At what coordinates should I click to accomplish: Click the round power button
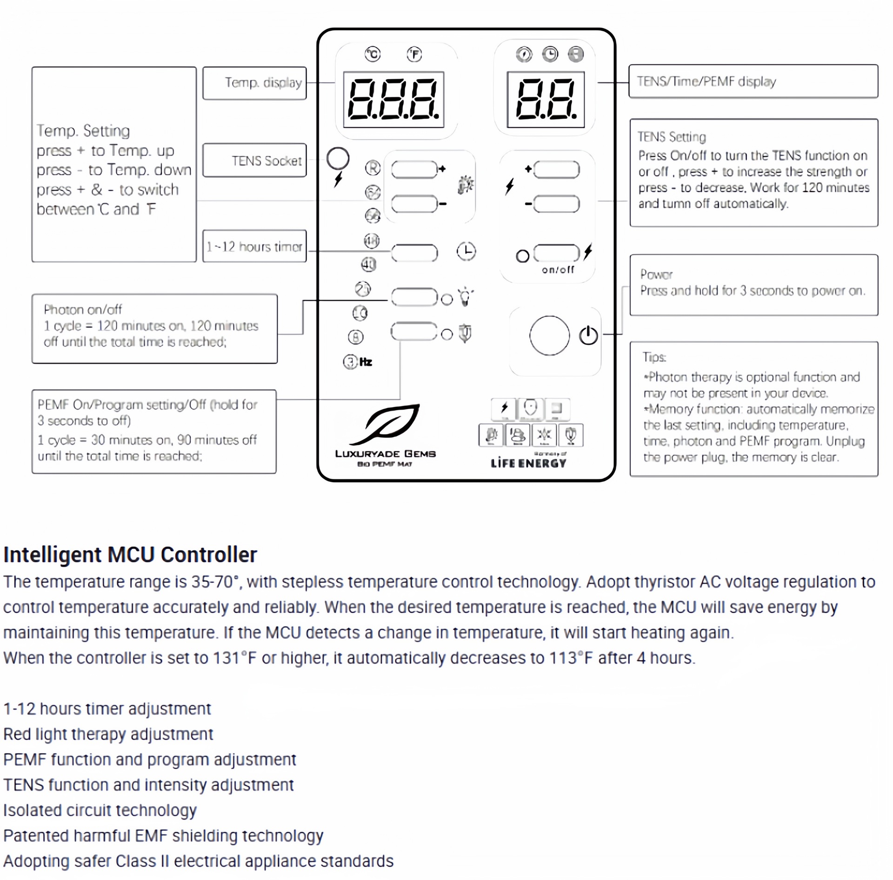tap(549, 336)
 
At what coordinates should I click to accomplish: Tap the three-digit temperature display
tap(393, 100)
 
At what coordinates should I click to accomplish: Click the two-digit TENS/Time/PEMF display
tap(546, 100)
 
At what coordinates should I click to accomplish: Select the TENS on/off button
tap(556, 253)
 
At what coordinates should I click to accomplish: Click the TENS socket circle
tap(338, 159)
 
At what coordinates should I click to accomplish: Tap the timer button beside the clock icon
tap(414, 253)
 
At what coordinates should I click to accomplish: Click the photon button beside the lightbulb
tap(414, 297)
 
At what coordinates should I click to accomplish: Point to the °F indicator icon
tap(414, 54)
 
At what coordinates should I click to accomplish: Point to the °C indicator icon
tap(373, 54)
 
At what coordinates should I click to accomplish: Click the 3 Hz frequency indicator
tap(350, 362)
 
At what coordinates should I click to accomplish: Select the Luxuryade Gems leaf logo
tap(386, 423)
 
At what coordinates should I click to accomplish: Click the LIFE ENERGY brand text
tap(528, 463)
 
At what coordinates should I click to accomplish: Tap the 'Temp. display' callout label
tap(263, 83)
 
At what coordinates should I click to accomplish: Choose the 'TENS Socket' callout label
tap(267, 161)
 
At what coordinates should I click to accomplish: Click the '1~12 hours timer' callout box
tap(254, 246)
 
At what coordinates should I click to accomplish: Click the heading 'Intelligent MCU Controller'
tap(130, 555)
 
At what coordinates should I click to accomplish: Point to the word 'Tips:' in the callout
tap(654, 357)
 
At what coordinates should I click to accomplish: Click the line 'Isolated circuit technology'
tap(100, 810)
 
